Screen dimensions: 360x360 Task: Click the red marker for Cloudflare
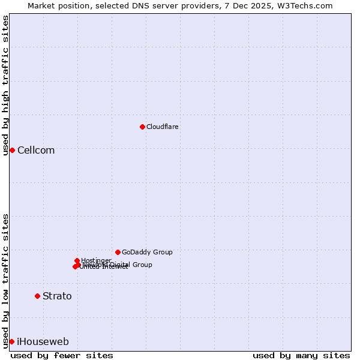[142, 127]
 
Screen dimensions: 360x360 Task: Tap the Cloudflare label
[163, 127]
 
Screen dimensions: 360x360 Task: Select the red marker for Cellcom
[12, 150]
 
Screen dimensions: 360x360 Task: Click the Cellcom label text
[36, 150]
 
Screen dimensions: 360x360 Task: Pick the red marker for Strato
[37, 296]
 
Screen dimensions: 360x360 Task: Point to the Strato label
[57, 296]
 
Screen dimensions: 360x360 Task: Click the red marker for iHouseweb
[11, 341]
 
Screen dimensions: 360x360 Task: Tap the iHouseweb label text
[43, 341]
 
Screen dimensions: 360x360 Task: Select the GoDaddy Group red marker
[118, 252]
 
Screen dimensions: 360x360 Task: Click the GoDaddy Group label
[147, 252]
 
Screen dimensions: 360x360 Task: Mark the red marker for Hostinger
[77, 260]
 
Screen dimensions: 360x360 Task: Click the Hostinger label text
[97, 260]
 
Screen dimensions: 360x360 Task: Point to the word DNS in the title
[150, 5]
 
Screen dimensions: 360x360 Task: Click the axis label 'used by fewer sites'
[62, 355]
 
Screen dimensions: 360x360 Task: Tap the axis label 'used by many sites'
[301, 355]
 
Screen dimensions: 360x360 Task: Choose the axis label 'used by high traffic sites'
[5, 85]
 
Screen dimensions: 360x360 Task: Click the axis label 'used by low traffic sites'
[5, 280]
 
